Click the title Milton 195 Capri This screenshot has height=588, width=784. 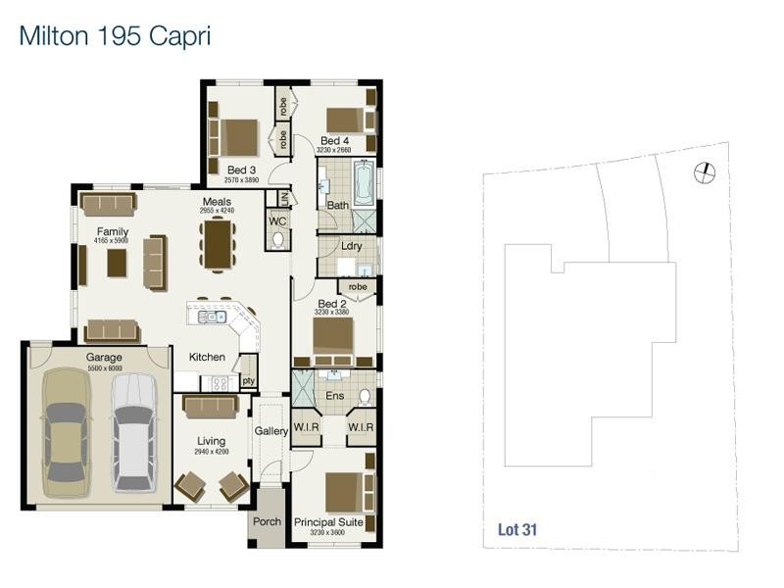[x=115, y=36]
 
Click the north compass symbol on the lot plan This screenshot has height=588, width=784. [x=704, y=173]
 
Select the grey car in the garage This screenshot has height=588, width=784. [x=66, y=427]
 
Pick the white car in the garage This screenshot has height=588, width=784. [x=132, y=427]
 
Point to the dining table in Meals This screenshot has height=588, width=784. [x=217, y=243]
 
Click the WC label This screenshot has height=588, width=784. [x=277, y=221]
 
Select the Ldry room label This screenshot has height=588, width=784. [x=353, y=246]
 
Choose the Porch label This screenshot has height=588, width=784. [x=268, y=522]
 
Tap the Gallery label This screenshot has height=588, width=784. [x=271, y=431]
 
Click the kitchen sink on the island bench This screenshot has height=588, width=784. [x=212, y=317]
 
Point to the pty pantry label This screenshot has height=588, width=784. [x=249, y=380]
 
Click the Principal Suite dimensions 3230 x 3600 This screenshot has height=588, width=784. [x=328, y=533]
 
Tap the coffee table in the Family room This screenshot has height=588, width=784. [x=118, y=262]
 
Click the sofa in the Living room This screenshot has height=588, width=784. [x=208, y=406]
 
